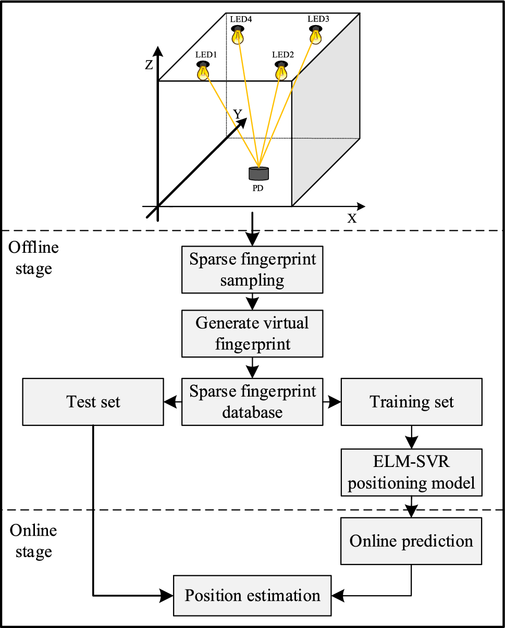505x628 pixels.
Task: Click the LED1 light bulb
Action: coord(203,70)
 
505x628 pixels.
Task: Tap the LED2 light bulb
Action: coord(281,70)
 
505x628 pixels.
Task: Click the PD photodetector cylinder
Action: coord(258,174)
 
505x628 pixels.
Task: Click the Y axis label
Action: coord(238,114)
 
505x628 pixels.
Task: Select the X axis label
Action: coord(352,218)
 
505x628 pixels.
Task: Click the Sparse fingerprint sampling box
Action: coord(252,270)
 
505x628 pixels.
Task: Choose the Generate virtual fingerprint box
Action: coord(252,333)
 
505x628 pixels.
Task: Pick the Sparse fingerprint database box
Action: coord(252,401)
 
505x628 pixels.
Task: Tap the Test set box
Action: coord(93,401)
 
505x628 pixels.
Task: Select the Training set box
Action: coord(411,401)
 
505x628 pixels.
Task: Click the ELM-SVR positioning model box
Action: coord(411,472)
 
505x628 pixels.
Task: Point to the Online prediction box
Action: coord(411,541)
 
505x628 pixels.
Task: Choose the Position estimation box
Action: coord(252,595)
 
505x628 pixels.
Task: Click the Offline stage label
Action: coord(33,257)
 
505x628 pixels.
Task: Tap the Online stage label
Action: coord(33,540)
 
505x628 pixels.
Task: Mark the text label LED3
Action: coord(318,19)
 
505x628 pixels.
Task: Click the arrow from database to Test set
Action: coord(173,402)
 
